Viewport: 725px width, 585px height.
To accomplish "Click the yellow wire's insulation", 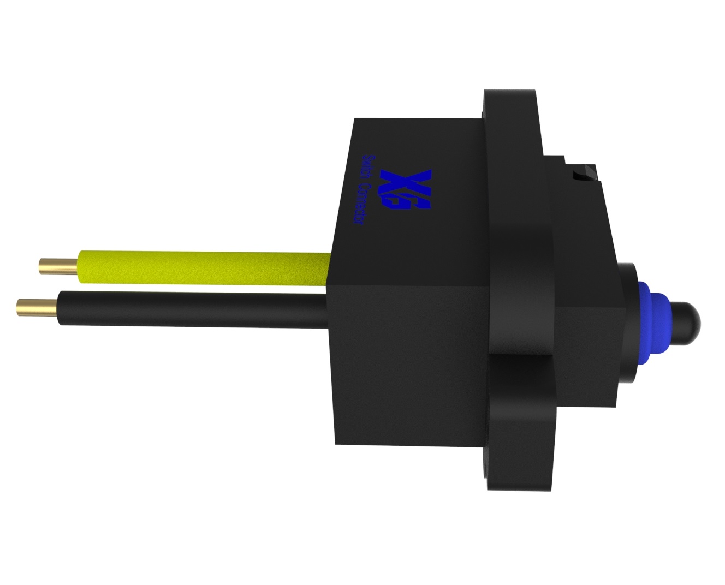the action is (204, 267).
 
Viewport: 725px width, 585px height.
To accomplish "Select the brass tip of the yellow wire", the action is (58, 267).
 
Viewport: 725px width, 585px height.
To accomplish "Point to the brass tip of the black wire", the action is (37, 307).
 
